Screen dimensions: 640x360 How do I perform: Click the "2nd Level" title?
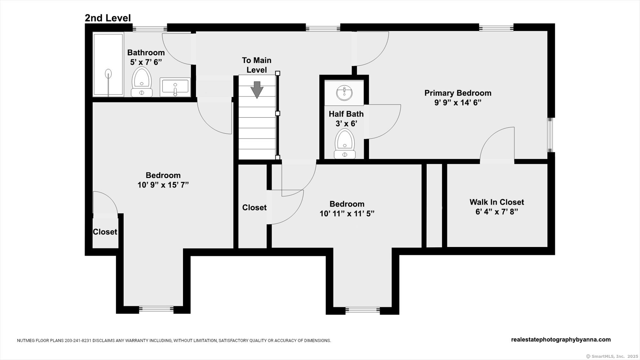pos(108,18)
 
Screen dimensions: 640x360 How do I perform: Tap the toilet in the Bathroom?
pos(142,82)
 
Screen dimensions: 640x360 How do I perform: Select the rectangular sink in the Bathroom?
pos(175,87)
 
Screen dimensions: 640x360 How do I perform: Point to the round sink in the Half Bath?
pos(344,93)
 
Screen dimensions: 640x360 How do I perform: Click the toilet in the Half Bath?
pos(345,144)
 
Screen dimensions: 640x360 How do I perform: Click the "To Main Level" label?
pos(257,65)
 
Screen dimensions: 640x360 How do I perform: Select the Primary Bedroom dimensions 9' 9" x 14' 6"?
pos(458,103)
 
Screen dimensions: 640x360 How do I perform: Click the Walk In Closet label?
pos(497,202)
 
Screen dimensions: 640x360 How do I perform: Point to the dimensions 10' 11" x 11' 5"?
pos(347,213)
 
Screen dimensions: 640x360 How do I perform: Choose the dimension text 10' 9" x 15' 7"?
pos(163,185)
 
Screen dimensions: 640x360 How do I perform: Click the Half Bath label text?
pos(346,114)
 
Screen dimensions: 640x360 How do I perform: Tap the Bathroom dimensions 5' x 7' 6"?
pos(146,62)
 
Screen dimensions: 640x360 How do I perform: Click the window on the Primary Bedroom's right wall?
pos(550,135)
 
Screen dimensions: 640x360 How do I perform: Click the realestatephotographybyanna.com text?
pos(561,340)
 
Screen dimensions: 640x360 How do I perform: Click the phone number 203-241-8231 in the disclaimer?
pos(78,340)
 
